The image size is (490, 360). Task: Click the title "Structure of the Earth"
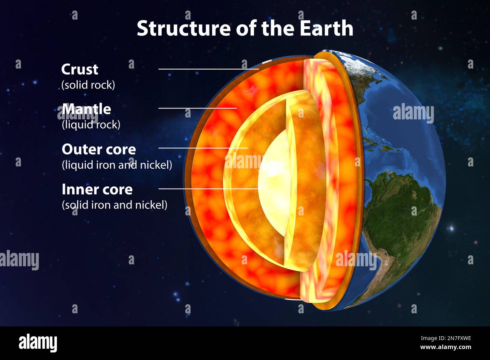pyautogui.click(x=245, y=28)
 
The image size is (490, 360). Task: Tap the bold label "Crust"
pyautogui.click(x=80, y=69)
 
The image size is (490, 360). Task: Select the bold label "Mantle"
pyautogui.click(x=86, y=109)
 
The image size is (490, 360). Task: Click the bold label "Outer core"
pyautogui.click(x=99, y=149)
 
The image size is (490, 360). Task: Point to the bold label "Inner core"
pyautogui.click(x=97, y=189)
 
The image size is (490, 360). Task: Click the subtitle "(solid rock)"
pyautogui.click(x=88, y=85)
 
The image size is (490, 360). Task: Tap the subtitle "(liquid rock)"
pyautogui.click(x=91, y=125)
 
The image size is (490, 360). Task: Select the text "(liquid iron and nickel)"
pyautogui.click(x=117, y=165)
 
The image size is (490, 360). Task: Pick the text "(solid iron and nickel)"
pyautogui.click(x=114, y=205)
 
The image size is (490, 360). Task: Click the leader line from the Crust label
pyautogui.click(x=207, y=69)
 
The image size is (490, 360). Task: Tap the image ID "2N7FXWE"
pyautogui.click(x=456, y=338)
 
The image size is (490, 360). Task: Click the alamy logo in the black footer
pyautogui.click(x=38, y=343)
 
